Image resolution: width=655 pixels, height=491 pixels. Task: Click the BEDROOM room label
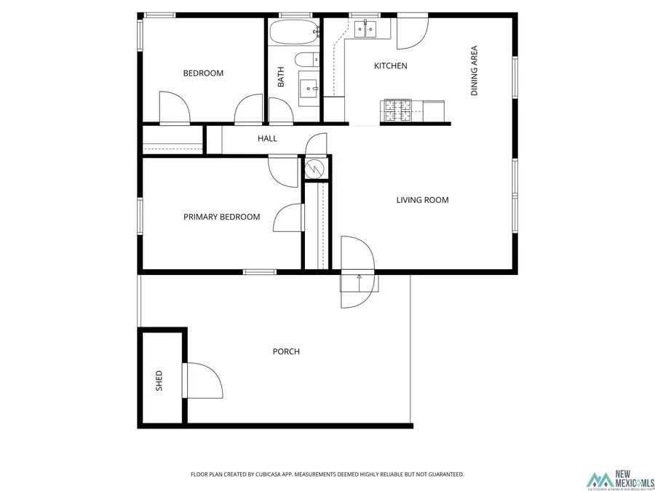[x=203, y=73]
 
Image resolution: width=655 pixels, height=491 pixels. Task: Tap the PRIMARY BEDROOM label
[x=221, y=217]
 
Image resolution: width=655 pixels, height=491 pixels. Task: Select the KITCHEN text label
[x=390, y=66]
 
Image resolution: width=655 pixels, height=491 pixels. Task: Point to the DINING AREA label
[x=475, y=71]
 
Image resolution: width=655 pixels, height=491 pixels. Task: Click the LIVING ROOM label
[x=422, y=200]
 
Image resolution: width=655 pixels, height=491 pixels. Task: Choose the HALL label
[x=267, y=138]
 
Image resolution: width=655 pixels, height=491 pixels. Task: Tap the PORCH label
[x=286, y=351]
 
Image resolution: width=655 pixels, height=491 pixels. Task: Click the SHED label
[x=159, y=381]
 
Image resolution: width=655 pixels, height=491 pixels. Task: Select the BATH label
[x=281, y=78]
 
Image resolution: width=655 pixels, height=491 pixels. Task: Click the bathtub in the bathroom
[x=294, y=32]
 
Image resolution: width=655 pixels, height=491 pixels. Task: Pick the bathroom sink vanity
[x=309, y=88]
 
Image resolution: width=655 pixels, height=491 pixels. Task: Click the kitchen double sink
[x=365, y=29]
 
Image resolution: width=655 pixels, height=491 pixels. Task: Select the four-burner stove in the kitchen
[x=397, y=111]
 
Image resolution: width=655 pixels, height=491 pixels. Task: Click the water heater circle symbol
[x=314, y=168]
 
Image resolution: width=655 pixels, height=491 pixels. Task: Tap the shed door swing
[x=205, y=380]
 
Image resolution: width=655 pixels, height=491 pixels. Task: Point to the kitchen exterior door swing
[x=411, y=33]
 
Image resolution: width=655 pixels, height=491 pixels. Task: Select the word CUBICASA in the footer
[x=267, y=474]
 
